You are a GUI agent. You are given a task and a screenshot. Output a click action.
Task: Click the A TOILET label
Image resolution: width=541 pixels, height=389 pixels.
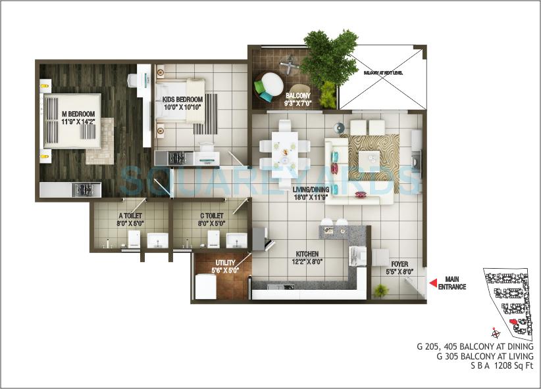point(130,219)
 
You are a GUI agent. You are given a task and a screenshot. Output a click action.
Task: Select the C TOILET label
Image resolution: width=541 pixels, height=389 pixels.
point(210,219)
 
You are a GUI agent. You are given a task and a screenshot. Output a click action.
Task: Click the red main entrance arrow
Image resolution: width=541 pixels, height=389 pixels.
point(433,283)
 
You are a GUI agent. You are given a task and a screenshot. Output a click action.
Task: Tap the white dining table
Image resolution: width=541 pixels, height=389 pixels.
point(284,152)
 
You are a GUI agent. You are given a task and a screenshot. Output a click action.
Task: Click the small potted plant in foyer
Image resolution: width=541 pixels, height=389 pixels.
point(381,290)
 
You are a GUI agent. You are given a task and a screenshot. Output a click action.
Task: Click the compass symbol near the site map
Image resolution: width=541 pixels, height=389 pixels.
point(495,333)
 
